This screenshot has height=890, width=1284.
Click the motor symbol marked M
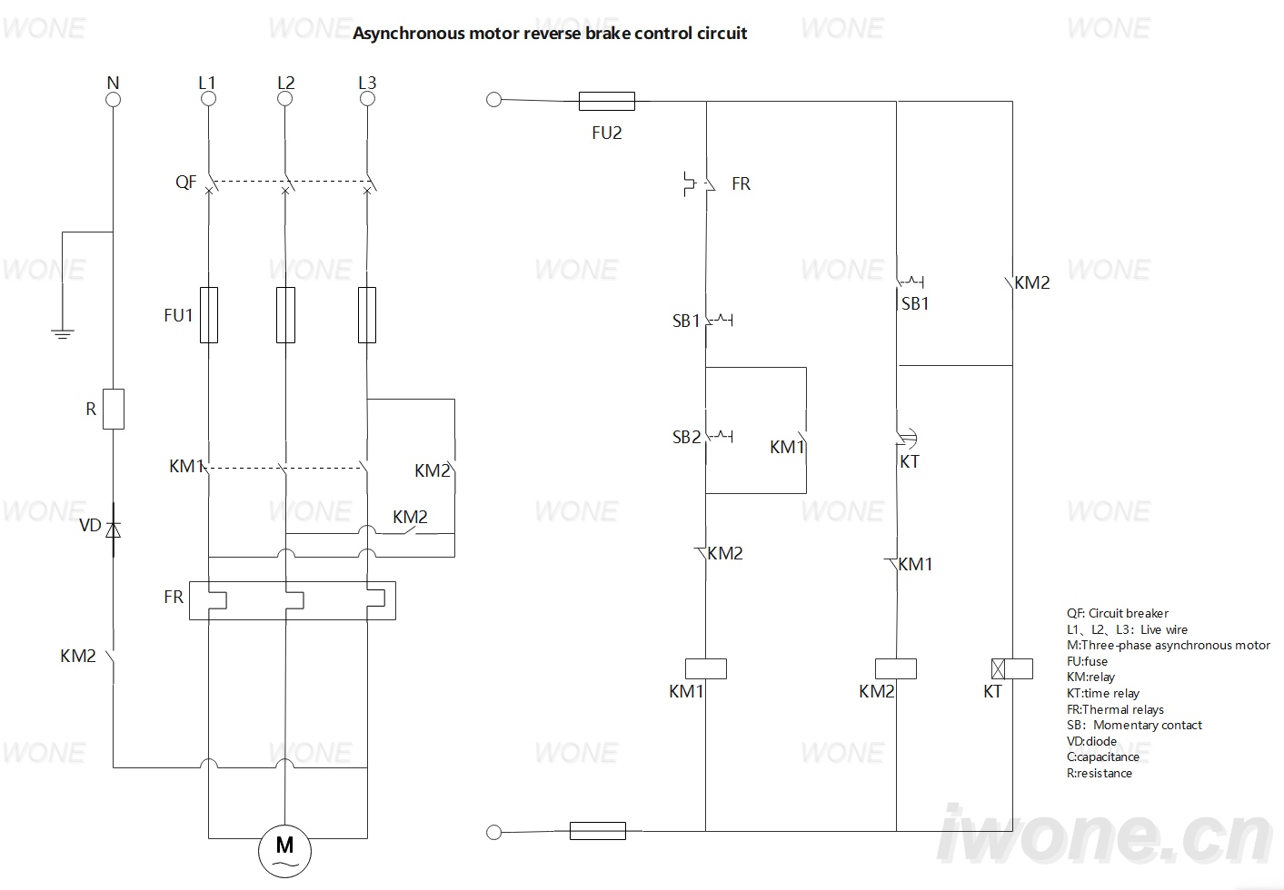284,851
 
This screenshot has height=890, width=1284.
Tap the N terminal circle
113,100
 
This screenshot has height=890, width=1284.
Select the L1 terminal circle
209,99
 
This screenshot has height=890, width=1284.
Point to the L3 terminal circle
367,99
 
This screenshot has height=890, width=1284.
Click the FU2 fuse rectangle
606,101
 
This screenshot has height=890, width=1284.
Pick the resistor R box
113,409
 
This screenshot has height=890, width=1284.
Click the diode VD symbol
113,529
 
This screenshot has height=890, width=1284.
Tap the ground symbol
62,334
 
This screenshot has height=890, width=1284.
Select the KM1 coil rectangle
706,668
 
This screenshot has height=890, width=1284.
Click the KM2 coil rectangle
895,668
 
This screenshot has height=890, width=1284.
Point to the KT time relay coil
1012,668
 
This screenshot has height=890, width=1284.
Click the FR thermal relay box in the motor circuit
293,601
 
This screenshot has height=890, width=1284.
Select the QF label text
185,183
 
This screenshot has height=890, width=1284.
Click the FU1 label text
178,315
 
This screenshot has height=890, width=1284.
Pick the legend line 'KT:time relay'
1103,694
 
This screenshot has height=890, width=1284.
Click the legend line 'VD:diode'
1091,741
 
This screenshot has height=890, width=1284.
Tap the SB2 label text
686,438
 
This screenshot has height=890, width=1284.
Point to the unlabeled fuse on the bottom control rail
597,830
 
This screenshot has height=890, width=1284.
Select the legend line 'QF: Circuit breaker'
1117,613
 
